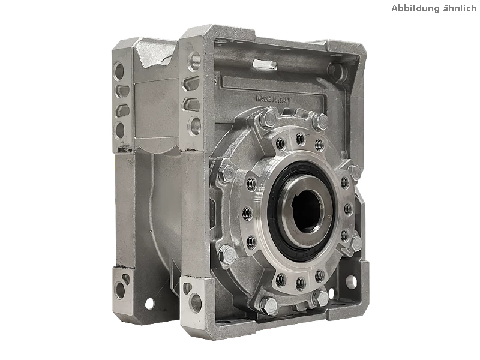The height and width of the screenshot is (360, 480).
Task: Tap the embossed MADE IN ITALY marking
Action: pos(274,99)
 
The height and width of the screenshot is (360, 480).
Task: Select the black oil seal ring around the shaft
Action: pos(302,211)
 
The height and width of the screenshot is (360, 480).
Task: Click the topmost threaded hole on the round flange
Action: pos(300,139)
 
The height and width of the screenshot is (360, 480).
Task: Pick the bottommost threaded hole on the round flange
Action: pos(301,283)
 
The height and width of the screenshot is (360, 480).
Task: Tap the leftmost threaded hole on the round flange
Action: pos(247,214)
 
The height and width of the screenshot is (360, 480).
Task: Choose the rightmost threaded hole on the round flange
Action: pos(348,209)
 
